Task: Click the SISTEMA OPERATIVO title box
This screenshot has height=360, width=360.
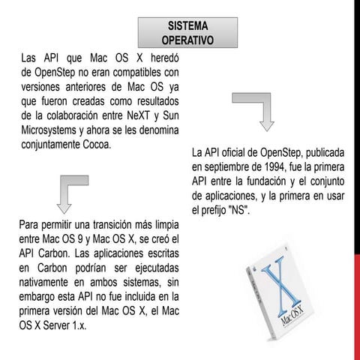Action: point(188,31)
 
